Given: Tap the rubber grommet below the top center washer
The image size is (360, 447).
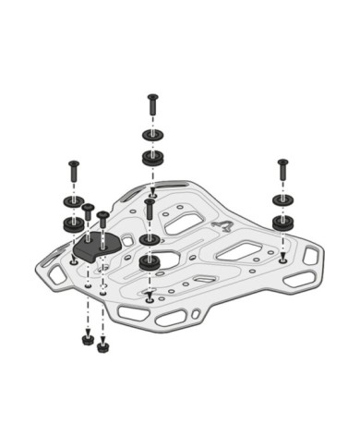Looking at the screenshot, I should (154, 158).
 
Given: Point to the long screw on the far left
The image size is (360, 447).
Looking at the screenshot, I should (71, 172).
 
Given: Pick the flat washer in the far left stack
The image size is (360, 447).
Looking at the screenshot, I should (70, 201).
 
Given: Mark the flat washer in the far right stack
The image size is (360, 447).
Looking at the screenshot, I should (282, 200).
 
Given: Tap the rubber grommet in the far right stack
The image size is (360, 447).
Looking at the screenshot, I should (282, 223).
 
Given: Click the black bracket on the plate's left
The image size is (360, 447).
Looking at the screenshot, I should (95, 247).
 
